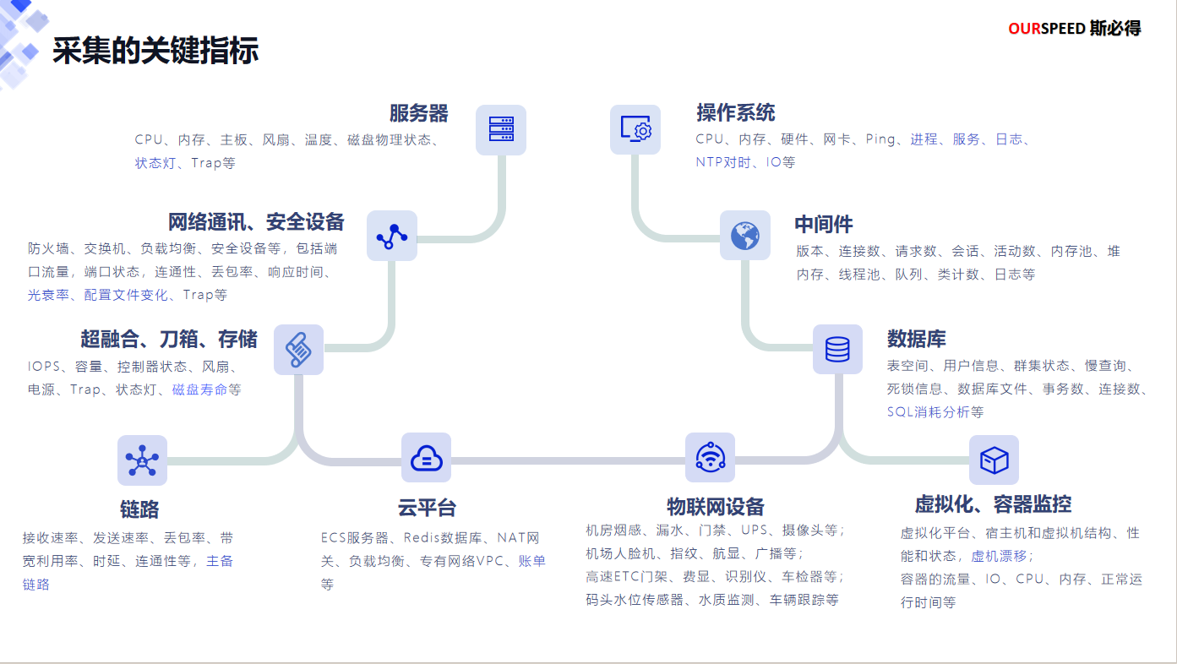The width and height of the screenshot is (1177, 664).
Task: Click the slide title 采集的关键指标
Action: (x=155, y=51)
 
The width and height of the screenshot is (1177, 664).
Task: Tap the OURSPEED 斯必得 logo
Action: (x=1074, y=29)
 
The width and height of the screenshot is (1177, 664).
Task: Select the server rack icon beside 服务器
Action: (x=501, y=129)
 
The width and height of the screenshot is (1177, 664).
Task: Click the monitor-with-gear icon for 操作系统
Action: (x=635, y=129)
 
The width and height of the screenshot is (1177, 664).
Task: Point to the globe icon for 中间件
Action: (x=744, y=235)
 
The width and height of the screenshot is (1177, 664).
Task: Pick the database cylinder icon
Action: (x=837, y=349)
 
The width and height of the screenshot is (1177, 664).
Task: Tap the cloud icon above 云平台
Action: (x=426, y=458)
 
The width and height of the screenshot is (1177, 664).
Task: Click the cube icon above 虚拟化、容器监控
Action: (x=994, y=460)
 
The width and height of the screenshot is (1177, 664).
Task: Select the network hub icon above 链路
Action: (x=142, y=460)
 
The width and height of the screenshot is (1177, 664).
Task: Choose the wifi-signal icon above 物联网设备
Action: (x=710, y=457)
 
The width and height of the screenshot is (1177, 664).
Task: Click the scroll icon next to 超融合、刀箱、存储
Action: (x=298, y=349)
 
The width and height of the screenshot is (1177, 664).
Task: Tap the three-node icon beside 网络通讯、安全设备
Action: (x=392, y=236)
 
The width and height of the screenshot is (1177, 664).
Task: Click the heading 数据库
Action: (x=917, y=340)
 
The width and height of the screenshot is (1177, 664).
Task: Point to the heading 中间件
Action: (x=823, y=225)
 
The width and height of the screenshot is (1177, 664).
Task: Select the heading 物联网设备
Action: (x=715, y=507)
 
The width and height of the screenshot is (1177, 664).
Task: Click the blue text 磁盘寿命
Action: (x=199, y=389)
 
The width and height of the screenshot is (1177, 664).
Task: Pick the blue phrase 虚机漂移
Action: (x=1000, y=556)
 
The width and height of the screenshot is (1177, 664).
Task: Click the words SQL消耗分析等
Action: (x=935, y=412)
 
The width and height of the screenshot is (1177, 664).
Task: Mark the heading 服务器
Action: (x=418, y=113)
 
